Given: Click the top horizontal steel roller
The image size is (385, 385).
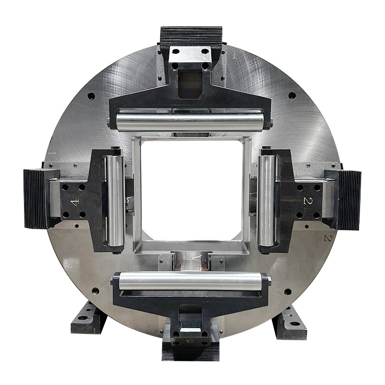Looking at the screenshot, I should coord(190,121).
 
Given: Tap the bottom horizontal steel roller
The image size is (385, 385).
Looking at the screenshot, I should coord(191,281).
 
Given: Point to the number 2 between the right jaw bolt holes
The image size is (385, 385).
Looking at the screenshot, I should coord(307,201).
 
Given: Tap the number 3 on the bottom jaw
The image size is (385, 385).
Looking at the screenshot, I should coord(190,341).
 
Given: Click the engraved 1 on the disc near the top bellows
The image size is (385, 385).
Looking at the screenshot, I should coord(234,55).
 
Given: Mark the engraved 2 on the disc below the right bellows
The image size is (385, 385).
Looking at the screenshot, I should coord(328,238).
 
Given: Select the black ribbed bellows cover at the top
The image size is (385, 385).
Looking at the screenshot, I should coord(191,36).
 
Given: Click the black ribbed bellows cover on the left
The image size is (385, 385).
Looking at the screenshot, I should coord(35,198).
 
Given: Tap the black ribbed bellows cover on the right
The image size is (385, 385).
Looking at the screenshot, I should coord(350,200).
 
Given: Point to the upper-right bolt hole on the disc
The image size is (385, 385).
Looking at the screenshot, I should coord(292,96).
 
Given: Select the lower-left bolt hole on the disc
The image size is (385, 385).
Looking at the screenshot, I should coord(95,291).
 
